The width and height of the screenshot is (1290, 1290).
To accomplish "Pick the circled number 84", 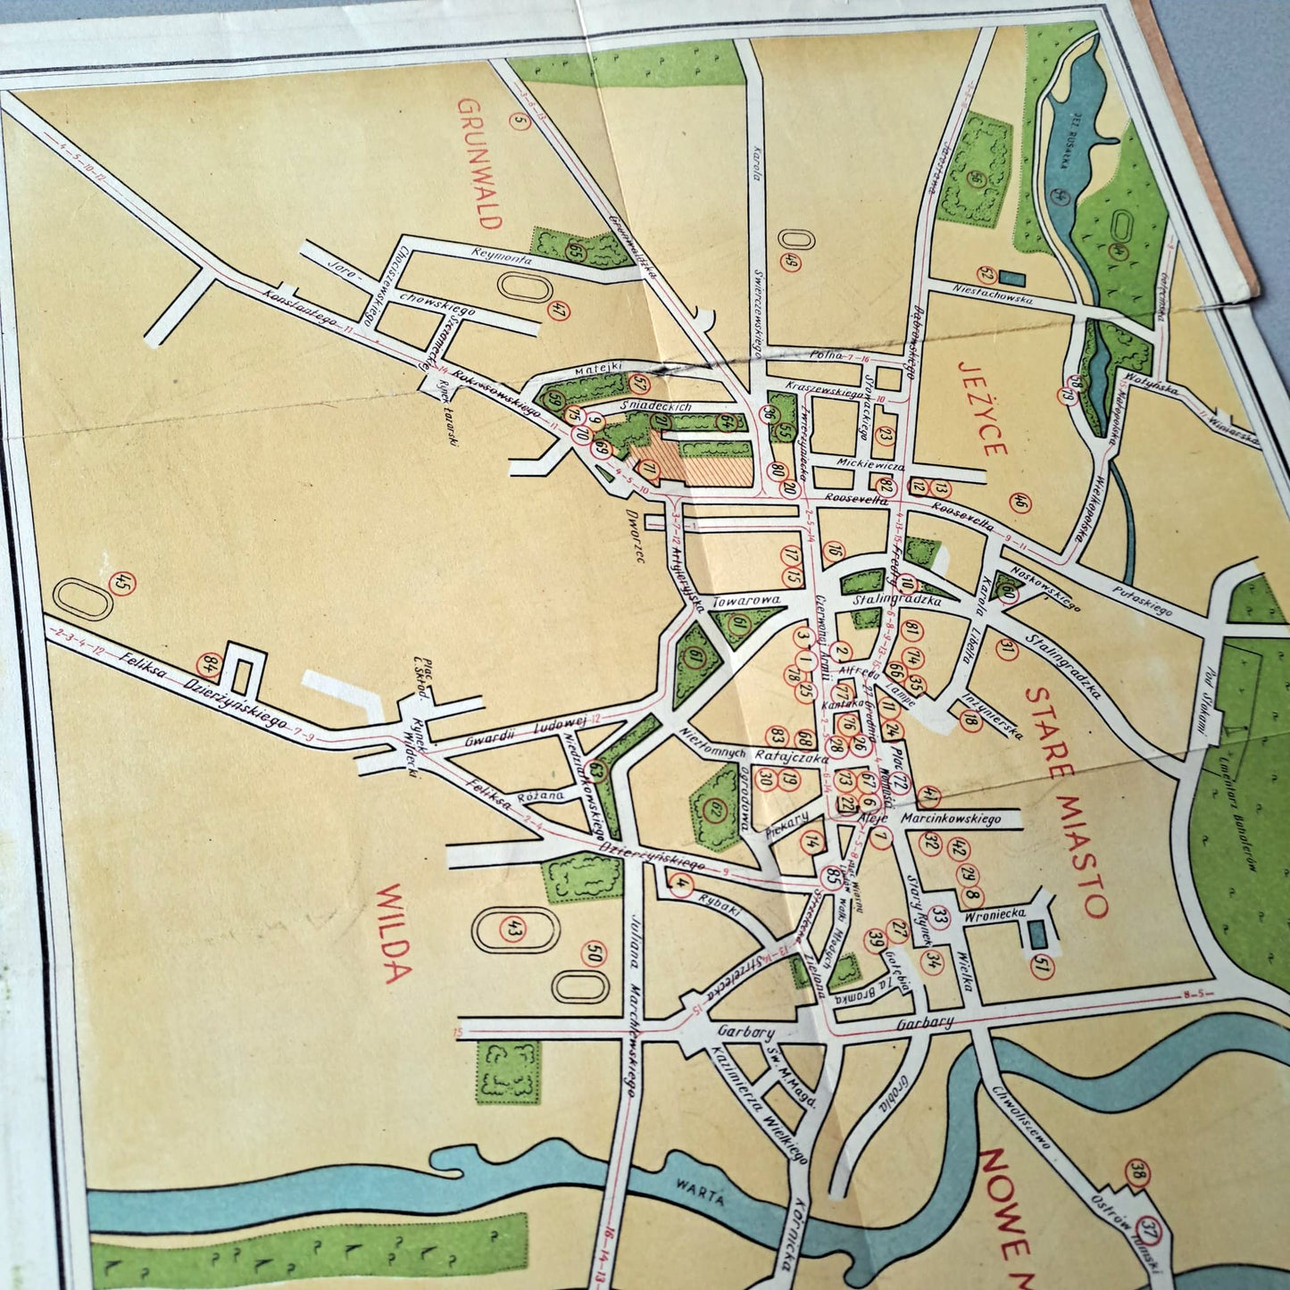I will (x=212, y=663).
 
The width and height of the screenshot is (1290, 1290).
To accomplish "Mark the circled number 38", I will (x=1138, y=1171).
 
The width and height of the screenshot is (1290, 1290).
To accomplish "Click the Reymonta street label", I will (x=504, y=256).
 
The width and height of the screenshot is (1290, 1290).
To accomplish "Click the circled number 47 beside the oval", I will (x=560, y=312).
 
